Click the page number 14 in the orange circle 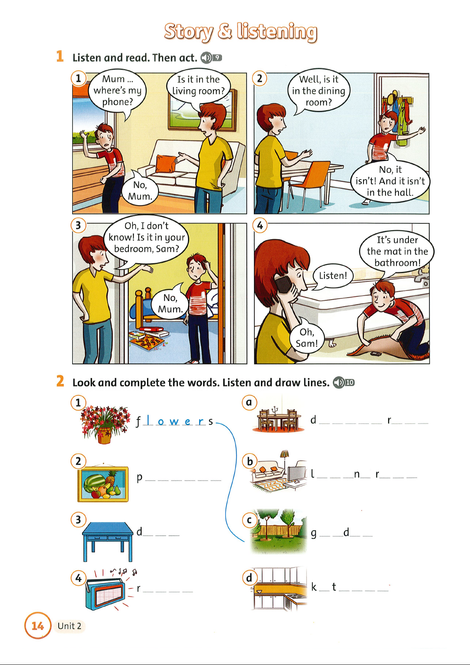pos(38,626)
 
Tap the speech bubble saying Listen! pos(333,276)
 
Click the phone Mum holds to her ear pos(284,285)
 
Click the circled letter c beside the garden pos(249,520)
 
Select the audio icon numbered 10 pos(343,382)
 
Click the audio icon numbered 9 pos(211,57)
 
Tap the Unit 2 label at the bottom pos(69,626)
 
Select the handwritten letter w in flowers pos(174,421)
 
